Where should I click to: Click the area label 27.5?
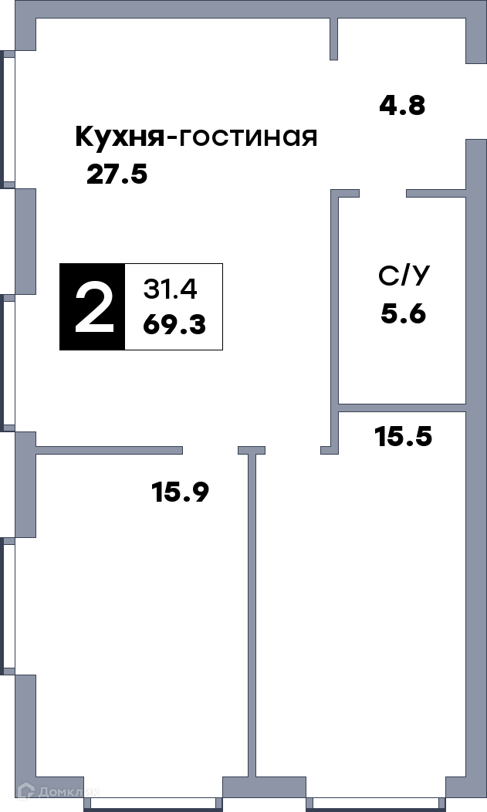117,174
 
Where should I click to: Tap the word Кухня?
120,137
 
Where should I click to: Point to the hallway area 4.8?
402,106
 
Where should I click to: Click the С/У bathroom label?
404,277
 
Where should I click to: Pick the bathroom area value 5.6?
403,314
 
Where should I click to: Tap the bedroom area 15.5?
403,437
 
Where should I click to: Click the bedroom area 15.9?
180,492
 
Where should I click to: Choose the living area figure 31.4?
170,289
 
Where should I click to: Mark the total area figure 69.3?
174,325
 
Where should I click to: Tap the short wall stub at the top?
334,39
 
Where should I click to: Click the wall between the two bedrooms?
252,616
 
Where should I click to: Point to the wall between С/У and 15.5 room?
402,408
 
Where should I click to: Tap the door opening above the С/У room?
383,193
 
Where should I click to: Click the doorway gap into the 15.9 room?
210,450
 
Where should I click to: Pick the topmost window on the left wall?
8,120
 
